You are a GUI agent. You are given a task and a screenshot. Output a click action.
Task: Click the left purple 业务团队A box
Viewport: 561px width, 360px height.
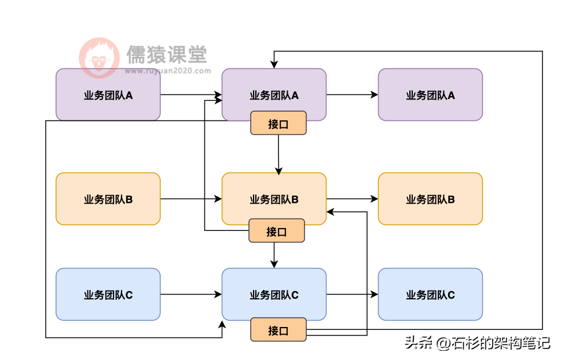click(x=108, y=95)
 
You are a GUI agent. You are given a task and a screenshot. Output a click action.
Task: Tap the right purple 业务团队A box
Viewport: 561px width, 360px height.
click(x=430, y=95)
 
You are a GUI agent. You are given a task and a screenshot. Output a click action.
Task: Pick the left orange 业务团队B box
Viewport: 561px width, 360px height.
click(x=108, y=199)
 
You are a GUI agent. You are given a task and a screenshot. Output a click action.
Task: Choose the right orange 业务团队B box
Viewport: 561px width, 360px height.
click(x=430, y=199)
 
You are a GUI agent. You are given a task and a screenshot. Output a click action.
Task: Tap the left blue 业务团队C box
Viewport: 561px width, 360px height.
click(x=108, y=295)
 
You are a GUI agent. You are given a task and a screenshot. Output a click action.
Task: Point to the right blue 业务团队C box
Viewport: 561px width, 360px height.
click(x=430, y=295)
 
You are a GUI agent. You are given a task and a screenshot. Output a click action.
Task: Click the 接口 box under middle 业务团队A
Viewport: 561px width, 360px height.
click(x=278, y=123)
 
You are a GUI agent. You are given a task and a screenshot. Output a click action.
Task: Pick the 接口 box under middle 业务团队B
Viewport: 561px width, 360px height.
click(x=276, y=231)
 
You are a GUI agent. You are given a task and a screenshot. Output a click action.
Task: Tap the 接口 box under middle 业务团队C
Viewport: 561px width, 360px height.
click(x=278, y=330)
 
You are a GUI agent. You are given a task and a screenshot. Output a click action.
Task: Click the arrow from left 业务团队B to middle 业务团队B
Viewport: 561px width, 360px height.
click(x=191, y=199)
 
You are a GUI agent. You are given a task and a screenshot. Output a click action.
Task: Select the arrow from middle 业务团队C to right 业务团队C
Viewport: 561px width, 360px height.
click(x=352, y=295)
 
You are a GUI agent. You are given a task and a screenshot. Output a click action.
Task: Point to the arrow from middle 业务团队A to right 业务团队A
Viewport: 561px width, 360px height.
click(x=352, y=95)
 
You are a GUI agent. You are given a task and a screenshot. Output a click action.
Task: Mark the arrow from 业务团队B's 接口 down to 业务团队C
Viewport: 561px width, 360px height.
click(x=274, y=255)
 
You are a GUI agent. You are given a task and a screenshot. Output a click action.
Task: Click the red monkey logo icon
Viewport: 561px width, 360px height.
click(x=99, y=58)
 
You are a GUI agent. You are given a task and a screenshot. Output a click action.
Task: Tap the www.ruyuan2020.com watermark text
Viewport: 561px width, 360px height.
click(x=167, y=72)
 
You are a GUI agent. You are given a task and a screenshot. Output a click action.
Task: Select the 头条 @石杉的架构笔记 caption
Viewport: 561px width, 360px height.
click(x=476, y=343)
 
